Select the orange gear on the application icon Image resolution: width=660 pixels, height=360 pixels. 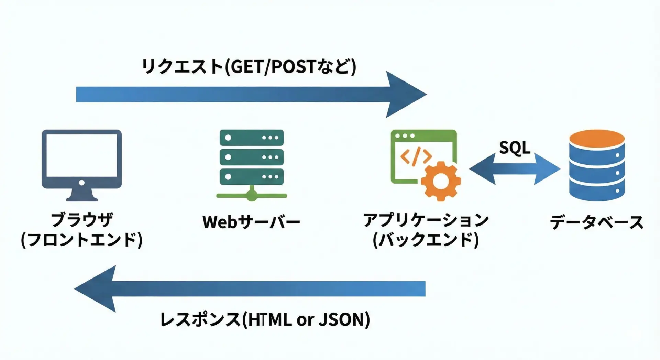tap(441, 181)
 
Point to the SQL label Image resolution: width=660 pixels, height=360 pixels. tap(515, 148)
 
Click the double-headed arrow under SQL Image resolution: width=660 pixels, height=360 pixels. tap(515, 169)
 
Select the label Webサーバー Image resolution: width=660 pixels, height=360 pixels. tap(251, 222)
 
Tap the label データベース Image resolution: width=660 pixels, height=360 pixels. tap(596, 222)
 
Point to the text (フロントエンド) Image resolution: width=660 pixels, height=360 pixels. tap(82, 240)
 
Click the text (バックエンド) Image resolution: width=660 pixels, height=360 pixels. tap(426, 240)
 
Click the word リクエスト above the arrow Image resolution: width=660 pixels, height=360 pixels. tap(183, 67)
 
